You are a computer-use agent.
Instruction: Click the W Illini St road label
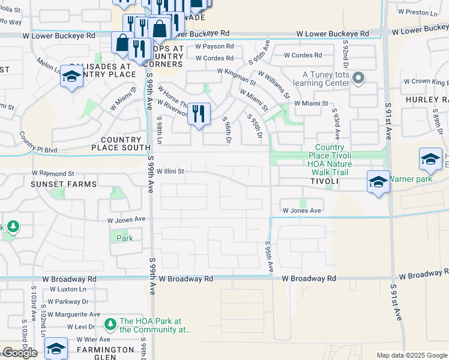click(169, 171)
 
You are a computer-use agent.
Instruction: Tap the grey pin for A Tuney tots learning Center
click(358, 78)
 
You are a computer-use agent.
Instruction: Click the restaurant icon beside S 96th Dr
click(199, 113)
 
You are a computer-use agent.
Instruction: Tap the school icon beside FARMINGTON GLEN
click(56, 349)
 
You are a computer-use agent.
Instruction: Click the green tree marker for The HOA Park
click(110, 325)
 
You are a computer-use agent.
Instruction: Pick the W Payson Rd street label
click(214, 46)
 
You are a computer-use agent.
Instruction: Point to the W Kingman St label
click(236, 75)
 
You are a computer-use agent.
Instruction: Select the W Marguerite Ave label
click(74, 314)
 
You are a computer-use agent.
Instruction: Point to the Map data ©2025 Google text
click(411, 355)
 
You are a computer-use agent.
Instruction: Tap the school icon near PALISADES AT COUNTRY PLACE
click(71, 77)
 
